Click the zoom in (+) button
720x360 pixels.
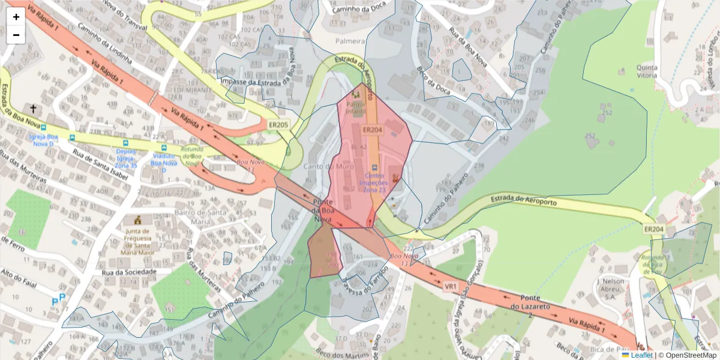16,17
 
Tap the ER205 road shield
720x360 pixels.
278,125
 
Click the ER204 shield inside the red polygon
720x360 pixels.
372,130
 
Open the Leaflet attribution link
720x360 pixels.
642,355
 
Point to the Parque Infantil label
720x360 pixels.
355,106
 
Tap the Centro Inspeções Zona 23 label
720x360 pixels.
374,182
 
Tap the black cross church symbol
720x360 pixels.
33,109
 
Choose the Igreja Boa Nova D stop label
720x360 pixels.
43,140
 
